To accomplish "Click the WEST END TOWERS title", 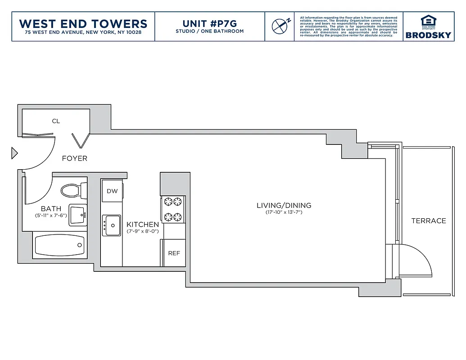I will coord(83,23).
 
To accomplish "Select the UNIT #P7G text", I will coord(209,23).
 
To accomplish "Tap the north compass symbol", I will coord(280,26).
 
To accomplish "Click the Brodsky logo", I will coord(428,27).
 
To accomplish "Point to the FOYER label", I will coord(75,158).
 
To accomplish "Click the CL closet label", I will coord(56,121).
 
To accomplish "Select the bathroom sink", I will coord(78,215).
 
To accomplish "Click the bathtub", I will coord(59,245).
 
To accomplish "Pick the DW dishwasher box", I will coord(112,191).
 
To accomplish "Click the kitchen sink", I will coord(111,225).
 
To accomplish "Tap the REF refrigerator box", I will coord(174,253).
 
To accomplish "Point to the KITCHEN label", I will coord(142,225).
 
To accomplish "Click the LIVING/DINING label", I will coord(284,206).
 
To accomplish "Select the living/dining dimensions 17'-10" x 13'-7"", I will coord(284,212).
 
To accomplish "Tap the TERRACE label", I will coord(428,221).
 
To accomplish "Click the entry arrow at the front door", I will coord(14,153).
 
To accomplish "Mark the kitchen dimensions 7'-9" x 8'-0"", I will coord(142,231).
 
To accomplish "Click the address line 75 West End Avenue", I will coord(83,32).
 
